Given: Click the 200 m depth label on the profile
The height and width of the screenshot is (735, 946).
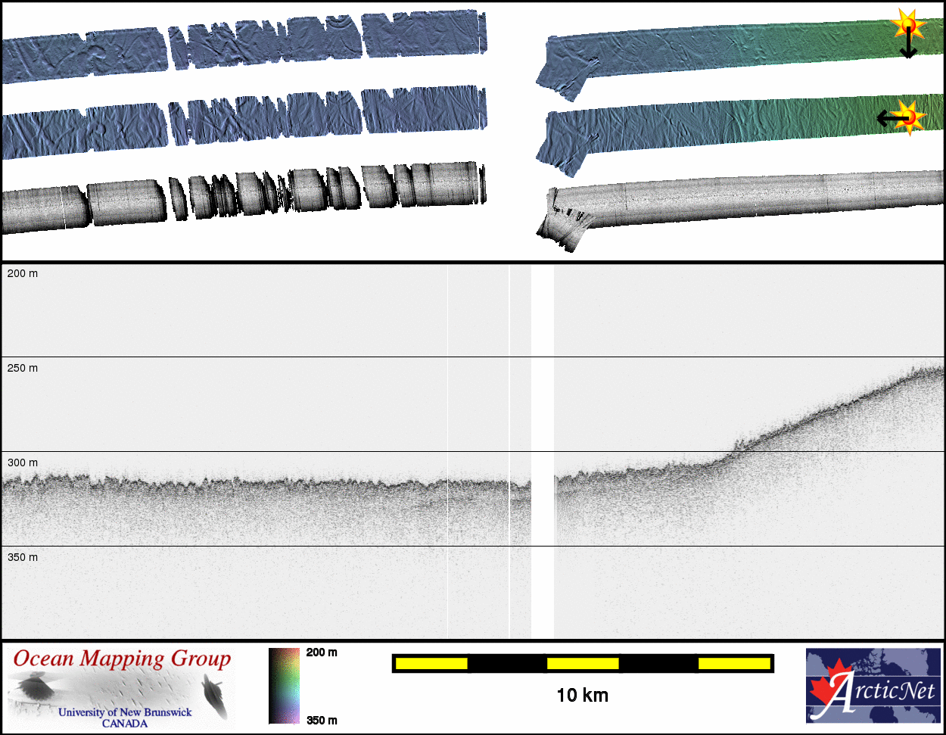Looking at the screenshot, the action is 22,273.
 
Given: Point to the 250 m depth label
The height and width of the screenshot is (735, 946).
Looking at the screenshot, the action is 22,368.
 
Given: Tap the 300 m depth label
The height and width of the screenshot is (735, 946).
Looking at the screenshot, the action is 22,462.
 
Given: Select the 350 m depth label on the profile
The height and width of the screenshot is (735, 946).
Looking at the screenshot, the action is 22,557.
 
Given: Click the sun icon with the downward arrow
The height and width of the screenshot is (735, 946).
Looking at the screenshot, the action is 907,27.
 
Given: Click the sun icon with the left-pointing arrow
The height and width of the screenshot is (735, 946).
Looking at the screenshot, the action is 908,117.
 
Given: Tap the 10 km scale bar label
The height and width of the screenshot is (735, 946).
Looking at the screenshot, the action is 583,696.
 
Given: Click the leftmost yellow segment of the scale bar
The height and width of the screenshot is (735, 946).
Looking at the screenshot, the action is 431,664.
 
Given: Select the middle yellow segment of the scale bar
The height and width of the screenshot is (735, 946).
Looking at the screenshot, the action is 583,664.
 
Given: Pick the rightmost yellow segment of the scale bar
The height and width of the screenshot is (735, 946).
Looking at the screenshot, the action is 734,664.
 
